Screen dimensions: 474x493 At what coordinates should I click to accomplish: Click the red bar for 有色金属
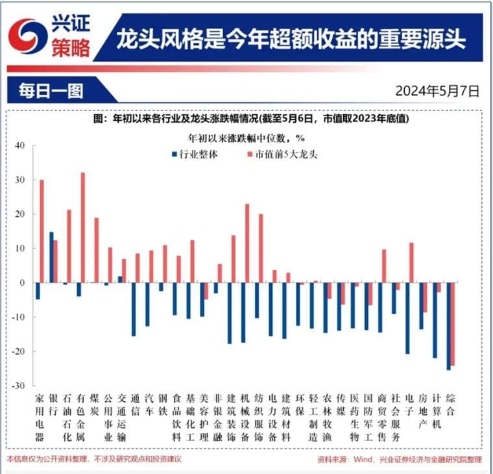click(83, 227)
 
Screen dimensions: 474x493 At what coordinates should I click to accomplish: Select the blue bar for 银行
click(51, 257)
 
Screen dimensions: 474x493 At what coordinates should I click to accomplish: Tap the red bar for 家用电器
click(42, 231)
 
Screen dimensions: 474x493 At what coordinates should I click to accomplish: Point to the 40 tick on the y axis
click(19, 145)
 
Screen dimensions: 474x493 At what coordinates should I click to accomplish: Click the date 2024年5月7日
click(437, 91)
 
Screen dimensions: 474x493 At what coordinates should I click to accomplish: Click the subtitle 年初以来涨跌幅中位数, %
click(246, 138)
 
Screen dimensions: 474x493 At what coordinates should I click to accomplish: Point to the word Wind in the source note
click(367, 460)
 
